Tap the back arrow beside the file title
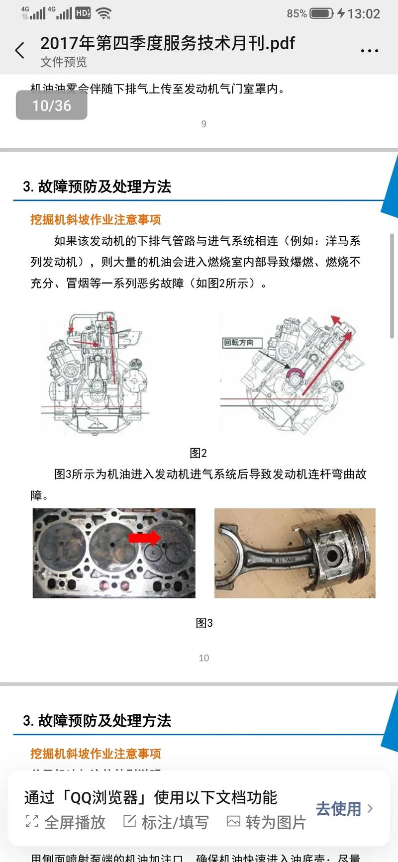(x=20, y=51)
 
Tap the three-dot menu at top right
(x=369, y=51)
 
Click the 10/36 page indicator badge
(x=52, y=105)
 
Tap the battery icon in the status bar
(x=321, y=13)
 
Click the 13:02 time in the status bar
(x=363, y=13)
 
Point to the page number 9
(x=203, y=124)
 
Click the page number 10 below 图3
(x=203, y=658)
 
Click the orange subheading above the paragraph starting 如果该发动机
(x=96, y=219)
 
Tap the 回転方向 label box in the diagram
(x=239, y=343)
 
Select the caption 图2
(x=198, y=453)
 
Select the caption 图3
(x=204, y=623)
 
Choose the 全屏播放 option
(x=66, y=822)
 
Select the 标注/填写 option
(x=166, y=822)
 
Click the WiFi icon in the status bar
(x=103, y=13)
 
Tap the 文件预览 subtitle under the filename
(x=64, y=62)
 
